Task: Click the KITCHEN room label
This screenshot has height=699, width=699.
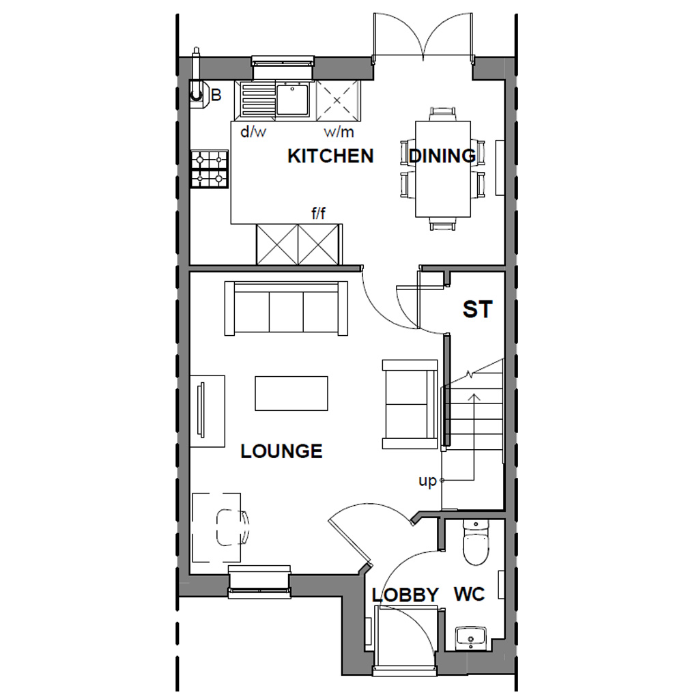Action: (x=330, y=156)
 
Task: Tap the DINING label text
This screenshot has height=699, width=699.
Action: (x=442, y=156)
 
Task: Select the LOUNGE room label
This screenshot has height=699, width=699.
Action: (x=281, y=451)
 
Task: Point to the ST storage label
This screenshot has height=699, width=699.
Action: (x=477, y=310)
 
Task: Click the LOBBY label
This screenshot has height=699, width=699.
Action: (x=405, y=595)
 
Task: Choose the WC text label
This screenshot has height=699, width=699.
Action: (x=470, y=595)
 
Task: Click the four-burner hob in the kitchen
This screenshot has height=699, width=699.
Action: (x=210, y=169)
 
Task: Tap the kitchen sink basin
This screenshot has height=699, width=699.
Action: (x=294, y=98)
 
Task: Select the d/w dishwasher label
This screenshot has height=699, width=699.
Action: (x=253, y=132)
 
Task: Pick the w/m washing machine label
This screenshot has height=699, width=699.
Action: (x=339, y=132)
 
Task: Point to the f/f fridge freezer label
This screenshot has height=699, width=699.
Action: (x=319, y=214)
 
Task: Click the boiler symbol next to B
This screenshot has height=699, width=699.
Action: (x=197, y=92)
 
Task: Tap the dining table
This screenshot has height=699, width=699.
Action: (x=443, y=169)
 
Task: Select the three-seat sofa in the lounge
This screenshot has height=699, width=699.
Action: (x=286, y=308)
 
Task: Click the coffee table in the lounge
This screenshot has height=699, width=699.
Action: (x=291, y=393)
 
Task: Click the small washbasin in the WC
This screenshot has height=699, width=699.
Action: (x=470, y=638)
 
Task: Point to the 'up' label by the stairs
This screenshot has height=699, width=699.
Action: (x=427, y=481)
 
